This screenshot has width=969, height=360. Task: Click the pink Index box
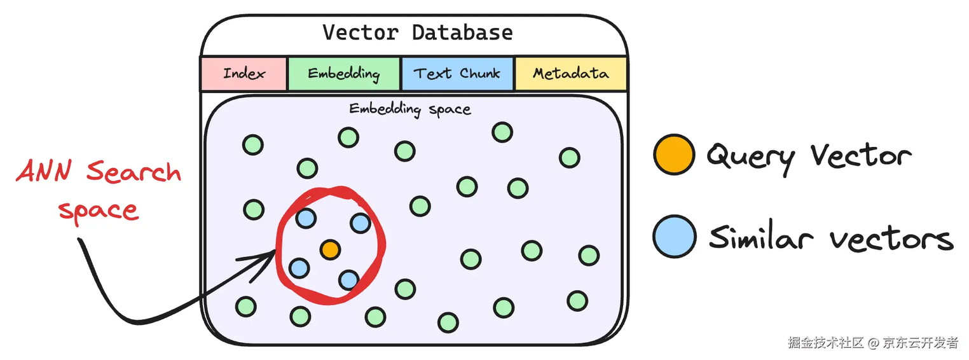[x=244, y=73]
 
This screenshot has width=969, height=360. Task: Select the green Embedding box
[x=344, y=73]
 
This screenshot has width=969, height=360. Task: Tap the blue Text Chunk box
[x=457, y=73]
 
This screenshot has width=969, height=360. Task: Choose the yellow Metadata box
[x=570, y=73]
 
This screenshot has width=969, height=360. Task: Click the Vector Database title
[x=417, y=32]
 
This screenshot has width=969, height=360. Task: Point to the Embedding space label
[x=410, y=109]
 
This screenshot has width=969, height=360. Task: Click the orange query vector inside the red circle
[x=329, y=249]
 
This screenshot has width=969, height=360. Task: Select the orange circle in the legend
[x=673, y=154]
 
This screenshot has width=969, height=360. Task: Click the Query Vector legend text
[x=809, y=156]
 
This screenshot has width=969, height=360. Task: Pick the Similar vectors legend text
[x=830, y=238]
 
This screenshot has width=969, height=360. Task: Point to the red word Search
[x=134, y=172]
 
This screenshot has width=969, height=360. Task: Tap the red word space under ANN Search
[x=98, y=211]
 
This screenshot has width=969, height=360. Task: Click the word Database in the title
[x=462, y=32]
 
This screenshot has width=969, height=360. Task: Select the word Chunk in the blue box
[x=480, y=73]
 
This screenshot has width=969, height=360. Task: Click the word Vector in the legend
[x=861, y=155]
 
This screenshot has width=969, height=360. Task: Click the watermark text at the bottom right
[x=872, y=342]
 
